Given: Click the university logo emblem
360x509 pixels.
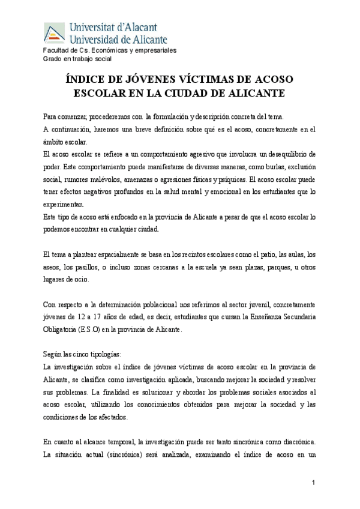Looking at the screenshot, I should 54,33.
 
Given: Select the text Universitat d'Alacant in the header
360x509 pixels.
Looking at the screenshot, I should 113,27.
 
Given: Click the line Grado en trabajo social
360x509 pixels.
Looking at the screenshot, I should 77,59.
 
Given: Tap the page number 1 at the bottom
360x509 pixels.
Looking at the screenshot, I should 313,484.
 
